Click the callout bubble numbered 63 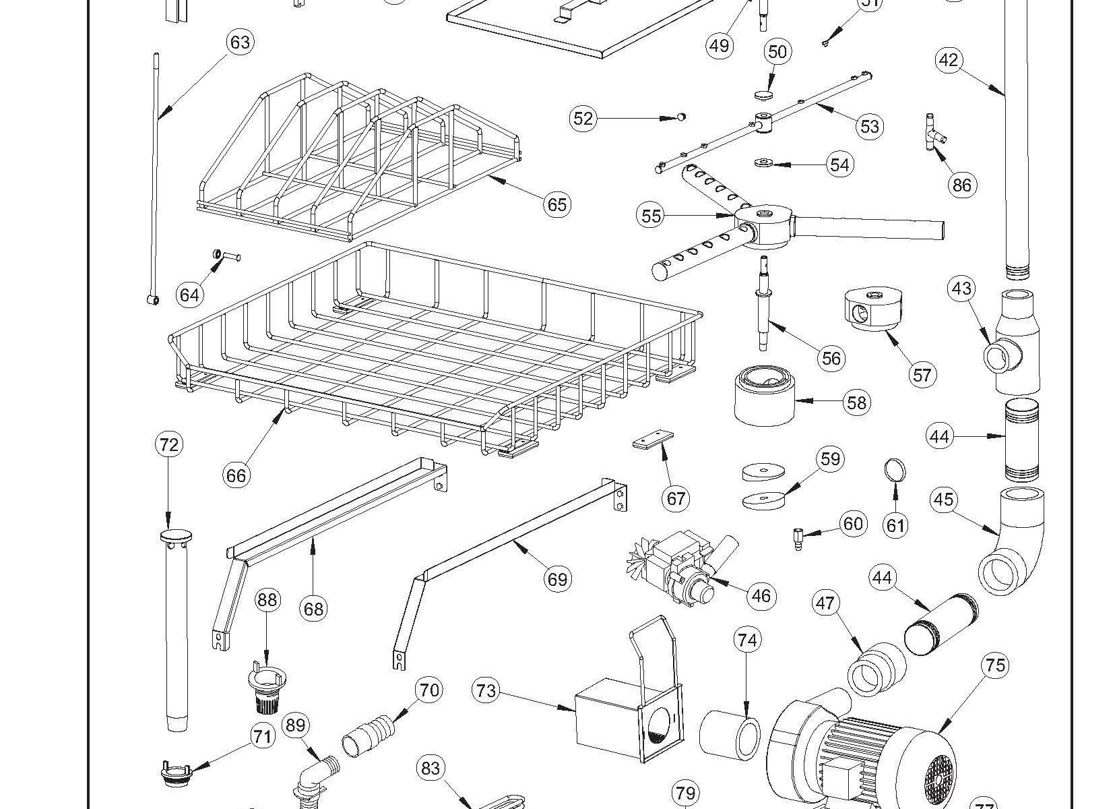click(x=241, y=42)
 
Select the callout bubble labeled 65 click(x=557, y=204)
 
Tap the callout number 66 click(x=236, y=475)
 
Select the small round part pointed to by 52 click(x=681, y=117)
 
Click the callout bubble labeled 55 click(x=651, y=216)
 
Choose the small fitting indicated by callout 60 click(x=796, y=540)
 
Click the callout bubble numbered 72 click(x=169, y=444)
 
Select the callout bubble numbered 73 click(x=486, y=690)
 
